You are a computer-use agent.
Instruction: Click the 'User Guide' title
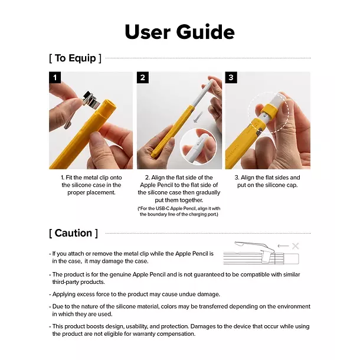pos(179,31)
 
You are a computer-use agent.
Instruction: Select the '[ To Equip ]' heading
pos(75,58)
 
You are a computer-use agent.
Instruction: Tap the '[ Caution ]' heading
pos(73,233)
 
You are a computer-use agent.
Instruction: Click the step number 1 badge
pos(55,77)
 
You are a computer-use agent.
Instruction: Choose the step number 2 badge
pos(143,77)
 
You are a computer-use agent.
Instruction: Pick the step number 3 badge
pos(231,77)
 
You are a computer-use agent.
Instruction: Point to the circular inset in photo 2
pos(198,146)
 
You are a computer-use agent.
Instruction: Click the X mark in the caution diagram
pos(295,246)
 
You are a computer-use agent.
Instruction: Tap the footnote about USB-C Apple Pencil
pos(179,211)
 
